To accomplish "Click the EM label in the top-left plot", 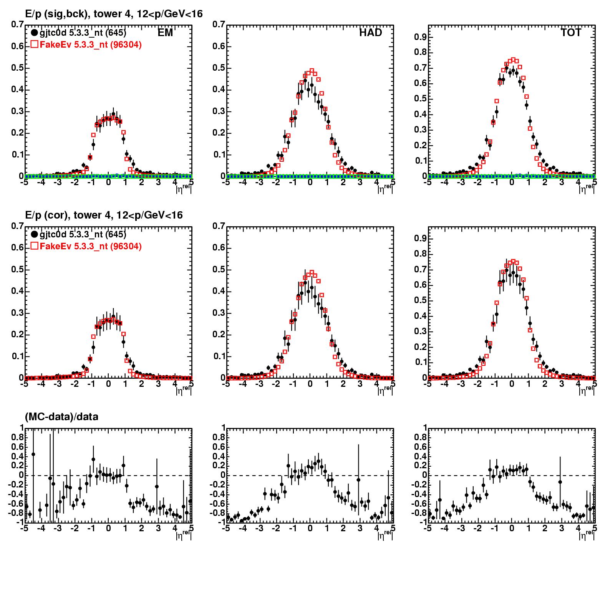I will pos(166,33).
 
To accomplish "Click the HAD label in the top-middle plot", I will pos(371,33).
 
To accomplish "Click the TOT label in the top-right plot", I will pos(571,33).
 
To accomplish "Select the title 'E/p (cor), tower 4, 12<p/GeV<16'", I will pos(104,215).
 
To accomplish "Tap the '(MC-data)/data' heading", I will pos(61,416).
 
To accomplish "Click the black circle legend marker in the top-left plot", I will pos(35,33).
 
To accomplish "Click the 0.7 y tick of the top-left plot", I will pos(17,25).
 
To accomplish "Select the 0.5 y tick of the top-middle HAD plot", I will pos(219,68).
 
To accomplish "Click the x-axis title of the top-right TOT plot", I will pos(586,188).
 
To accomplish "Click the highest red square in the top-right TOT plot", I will pos(513,60).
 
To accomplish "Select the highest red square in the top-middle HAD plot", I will pos(312,71).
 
